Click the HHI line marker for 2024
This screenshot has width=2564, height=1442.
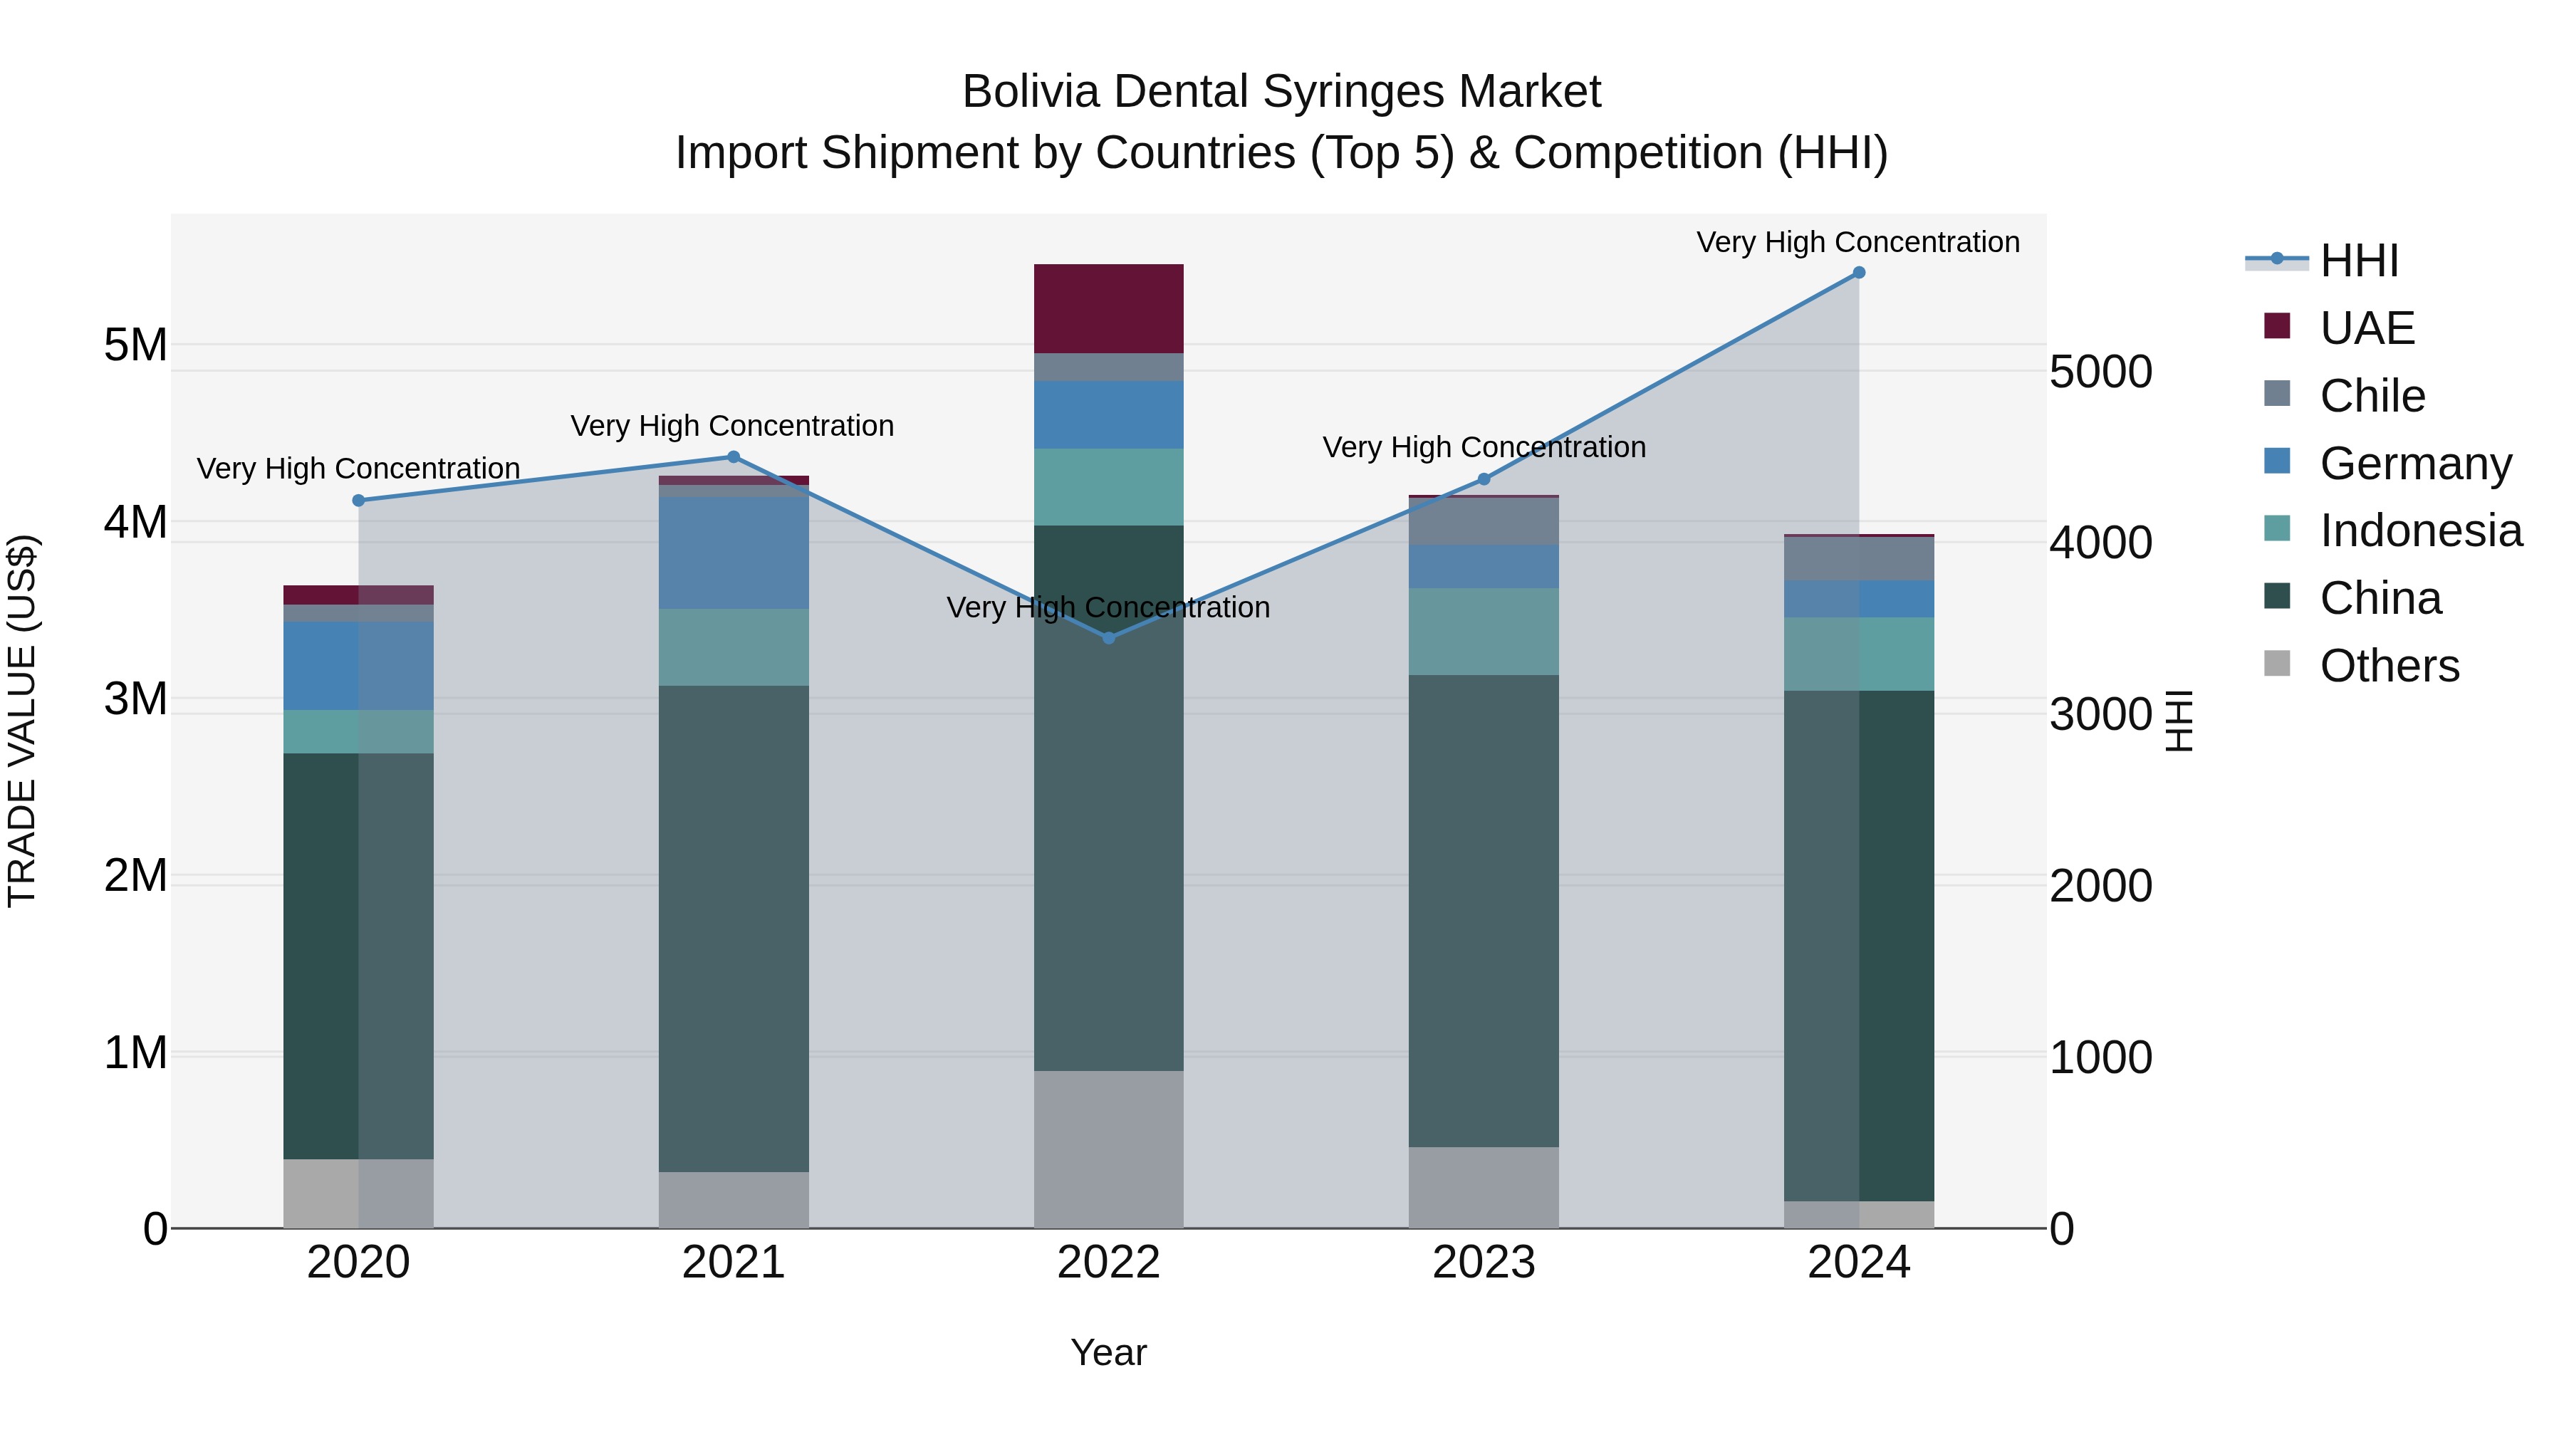[x=1858, y=273]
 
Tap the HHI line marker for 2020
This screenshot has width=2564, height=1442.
[x=358, y=501]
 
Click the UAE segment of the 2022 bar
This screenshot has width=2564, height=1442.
[x=1109, y=308]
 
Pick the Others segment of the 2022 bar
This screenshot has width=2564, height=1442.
[x=1109, y=1149]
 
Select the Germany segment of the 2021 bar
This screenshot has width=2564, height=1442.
[x=734, y=553]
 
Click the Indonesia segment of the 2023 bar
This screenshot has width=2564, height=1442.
[x=1483, y=632]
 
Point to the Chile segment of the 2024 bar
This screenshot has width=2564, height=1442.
[x=1858, y=558]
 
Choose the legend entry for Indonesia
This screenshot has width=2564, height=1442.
[x=2421, y=531]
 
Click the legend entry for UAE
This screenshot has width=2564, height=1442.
[x=2367, y=328]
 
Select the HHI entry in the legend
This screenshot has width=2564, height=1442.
[x=2359, y=261]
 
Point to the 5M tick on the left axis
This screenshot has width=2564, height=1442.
[x=135, y=345]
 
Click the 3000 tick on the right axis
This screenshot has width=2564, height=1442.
[x=2100, y=714]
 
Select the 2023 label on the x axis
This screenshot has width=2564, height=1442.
[x=1483, y=1263]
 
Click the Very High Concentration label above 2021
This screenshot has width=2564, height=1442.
[x=733, y=426]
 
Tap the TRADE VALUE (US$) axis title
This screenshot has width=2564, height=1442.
[x=22, y=721]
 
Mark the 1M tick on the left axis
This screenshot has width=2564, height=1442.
[x=135, y=1053]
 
